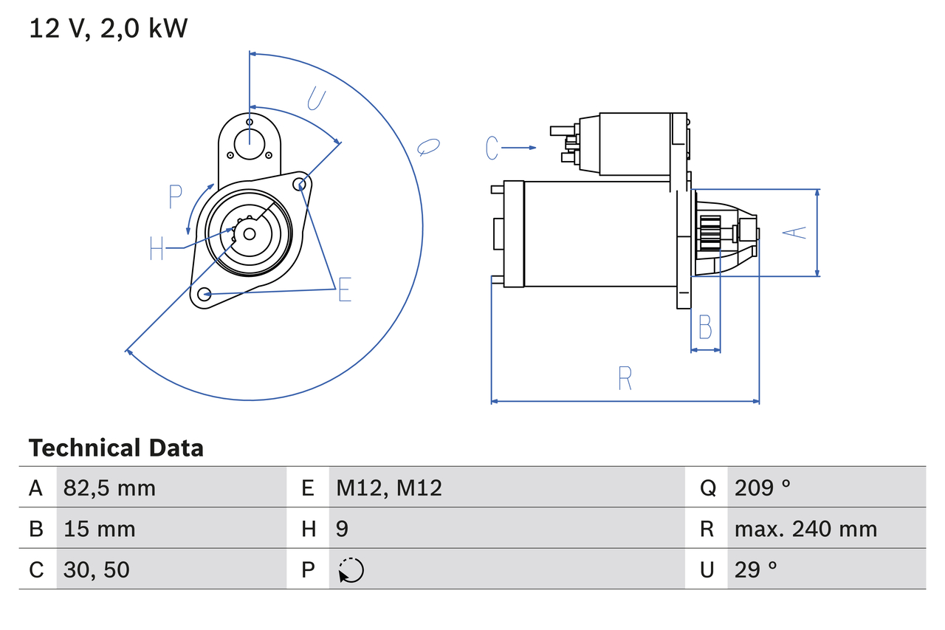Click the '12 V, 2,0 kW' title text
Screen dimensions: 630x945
click(109, 29)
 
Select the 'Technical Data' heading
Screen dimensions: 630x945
click(116, 448)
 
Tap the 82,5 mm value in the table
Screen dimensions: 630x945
click(109, 487)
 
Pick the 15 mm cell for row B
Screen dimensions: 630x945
click(99, 529)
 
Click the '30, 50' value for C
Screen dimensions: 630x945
click(96, 569)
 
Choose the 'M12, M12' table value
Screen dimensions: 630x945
click(389, 487)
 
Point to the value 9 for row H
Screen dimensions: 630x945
click(343, 529)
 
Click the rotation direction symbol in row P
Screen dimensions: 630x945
click(351, 570)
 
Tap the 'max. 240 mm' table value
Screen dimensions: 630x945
click(805, 529)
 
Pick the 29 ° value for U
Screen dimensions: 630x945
click(756, 569)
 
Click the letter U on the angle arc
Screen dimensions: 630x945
click(316, 98)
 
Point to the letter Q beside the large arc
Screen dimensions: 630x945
click(428, 146)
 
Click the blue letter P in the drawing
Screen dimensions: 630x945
click(175, 197)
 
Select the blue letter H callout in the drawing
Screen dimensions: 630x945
click(157, 248)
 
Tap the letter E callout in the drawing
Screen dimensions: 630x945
click(344, 290)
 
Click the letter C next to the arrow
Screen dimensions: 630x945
click(493, 148)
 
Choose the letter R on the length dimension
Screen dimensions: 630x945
click(625, 378)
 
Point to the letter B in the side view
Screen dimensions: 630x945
click(705, 326)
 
